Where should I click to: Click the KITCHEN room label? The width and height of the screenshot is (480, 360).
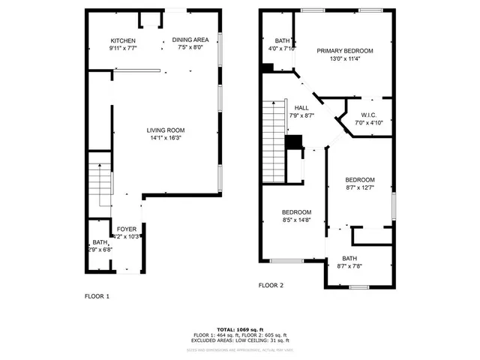click(123, 40)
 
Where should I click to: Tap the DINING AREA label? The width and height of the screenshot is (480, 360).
click(190, 40)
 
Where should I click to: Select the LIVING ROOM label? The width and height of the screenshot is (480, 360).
click(165, 130)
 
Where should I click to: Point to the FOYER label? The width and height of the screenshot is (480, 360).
click(125, 229)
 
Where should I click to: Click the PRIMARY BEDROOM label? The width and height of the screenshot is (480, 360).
click(344, 51)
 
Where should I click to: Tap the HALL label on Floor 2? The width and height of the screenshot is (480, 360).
click(301, 108)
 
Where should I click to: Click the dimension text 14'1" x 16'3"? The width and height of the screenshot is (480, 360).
click(165, 138)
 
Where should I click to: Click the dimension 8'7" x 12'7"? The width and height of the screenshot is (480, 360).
click(360, 187)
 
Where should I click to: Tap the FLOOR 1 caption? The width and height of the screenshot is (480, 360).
click(97, 296)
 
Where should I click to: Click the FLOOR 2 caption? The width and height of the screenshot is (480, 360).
click(271, 286)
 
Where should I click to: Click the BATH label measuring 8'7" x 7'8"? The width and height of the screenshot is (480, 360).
click(350, 258)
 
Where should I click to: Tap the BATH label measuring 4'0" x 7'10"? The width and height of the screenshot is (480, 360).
click(282, 41)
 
